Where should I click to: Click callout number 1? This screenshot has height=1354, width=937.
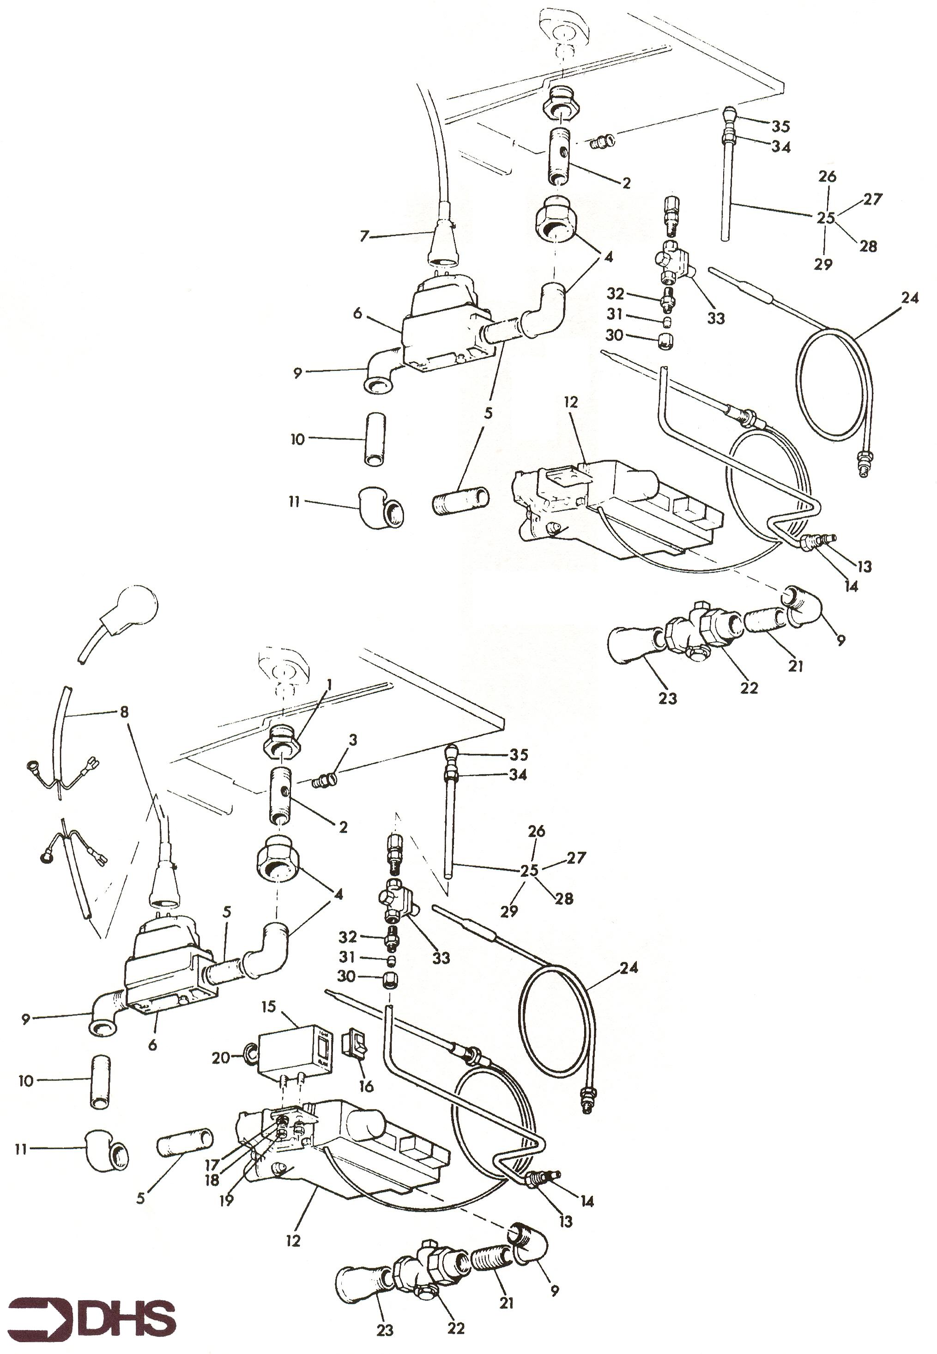(x=329, y=685)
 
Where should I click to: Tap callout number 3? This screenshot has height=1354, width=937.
(x=353, y=740)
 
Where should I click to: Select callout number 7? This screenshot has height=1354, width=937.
(x=364, y=236)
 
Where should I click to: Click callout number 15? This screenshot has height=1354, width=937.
(x=268, y=1007)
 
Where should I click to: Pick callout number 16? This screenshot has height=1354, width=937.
(x=366, y=1086)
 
